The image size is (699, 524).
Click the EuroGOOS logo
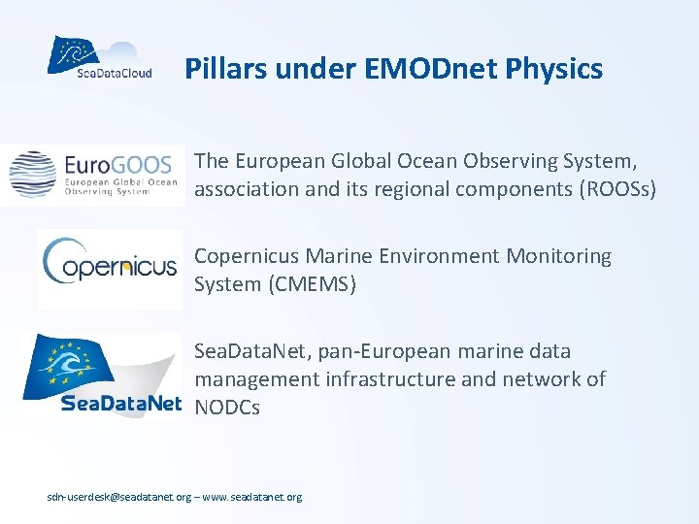[93, 175]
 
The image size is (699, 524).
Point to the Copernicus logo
[109, 265]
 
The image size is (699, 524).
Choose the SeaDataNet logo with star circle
[101, 375]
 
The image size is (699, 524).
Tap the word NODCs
[227, 408]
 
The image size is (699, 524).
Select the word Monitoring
[559, 257]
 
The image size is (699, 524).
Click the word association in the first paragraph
[247, 189]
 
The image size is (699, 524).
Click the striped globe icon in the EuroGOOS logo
[33, 174]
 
